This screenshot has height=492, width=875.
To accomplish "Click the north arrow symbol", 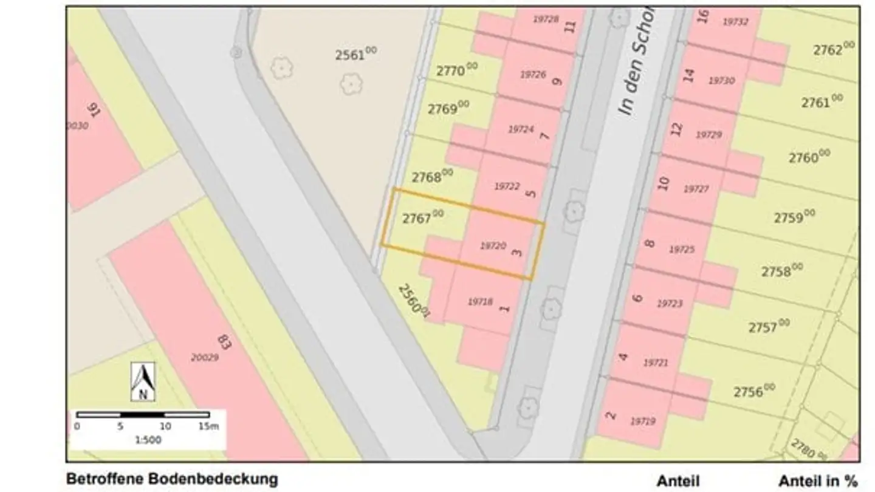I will coord(143,382).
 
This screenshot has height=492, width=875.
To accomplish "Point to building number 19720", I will coord(493,246).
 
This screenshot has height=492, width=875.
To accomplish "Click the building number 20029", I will coord(204,358).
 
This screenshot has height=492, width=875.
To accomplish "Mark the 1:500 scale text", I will coord(148,440).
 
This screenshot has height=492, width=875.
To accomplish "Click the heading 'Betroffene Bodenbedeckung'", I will coord(172,479).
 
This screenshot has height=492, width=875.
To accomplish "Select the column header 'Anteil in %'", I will coord(818,481).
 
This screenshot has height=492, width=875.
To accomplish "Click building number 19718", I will coord(480,301).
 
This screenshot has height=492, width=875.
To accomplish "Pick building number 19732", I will coord(735,22).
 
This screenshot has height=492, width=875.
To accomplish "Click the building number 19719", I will coord(643,421).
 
